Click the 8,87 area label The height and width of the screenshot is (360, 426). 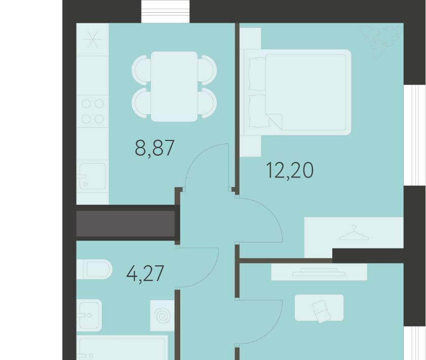[x=154, y=148]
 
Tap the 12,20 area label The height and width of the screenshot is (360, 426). [x=290, y=170]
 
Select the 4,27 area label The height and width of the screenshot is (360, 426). [x=145, y=273]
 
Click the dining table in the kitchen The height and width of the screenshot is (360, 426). [x=174, y=87]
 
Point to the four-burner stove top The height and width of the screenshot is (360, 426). [x=93, y=111]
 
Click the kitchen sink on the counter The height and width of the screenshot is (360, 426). [x=92, y=176]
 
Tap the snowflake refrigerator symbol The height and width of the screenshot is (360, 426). [x=93, y=40]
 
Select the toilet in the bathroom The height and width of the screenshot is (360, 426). [x=94, y=269]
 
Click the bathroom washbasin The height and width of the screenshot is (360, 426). [x=89, y=315]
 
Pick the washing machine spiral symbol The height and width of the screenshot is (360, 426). [x=162, y=316]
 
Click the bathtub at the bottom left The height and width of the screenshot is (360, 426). [x=122, y=347]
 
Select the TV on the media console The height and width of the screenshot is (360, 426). [x=319, y=272]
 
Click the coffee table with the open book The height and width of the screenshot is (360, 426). [x=319, y=308]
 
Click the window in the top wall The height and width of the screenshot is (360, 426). [x=166, y=12]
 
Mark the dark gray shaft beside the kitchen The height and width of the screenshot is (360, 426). [x=125, y=223]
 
